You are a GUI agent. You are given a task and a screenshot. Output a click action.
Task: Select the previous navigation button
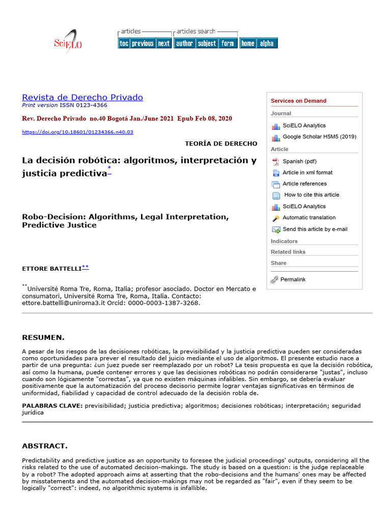pos(143,44)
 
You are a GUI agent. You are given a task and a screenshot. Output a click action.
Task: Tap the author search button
pos(184,44)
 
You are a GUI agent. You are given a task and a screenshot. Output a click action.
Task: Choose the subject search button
pos(207,44)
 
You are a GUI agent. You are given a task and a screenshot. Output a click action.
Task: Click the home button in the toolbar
pos(248,44)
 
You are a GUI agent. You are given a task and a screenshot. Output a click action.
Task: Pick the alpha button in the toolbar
pos(267,44)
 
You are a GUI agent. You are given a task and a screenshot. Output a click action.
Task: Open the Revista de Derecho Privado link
pos(82,97)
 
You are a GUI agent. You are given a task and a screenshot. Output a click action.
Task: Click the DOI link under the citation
pos(77,132)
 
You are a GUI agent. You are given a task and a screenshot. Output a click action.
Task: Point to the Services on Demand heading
pos(298,101)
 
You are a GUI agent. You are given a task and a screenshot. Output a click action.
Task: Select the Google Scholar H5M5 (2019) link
pos(319,137)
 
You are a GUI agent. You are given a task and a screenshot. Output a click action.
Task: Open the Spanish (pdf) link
pos(299,161)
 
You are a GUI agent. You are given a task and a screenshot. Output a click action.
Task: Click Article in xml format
pos(308,172)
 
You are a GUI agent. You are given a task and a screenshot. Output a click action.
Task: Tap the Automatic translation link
pos(309,218)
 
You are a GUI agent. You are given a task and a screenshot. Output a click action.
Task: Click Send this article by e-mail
pos(315,229)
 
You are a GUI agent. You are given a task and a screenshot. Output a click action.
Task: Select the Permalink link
pos(293,279)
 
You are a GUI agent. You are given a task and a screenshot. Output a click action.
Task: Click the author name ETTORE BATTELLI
pos(51,268)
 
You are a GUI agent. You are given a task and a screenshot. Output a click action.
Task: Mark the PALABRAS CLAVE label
pos(52,406)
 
